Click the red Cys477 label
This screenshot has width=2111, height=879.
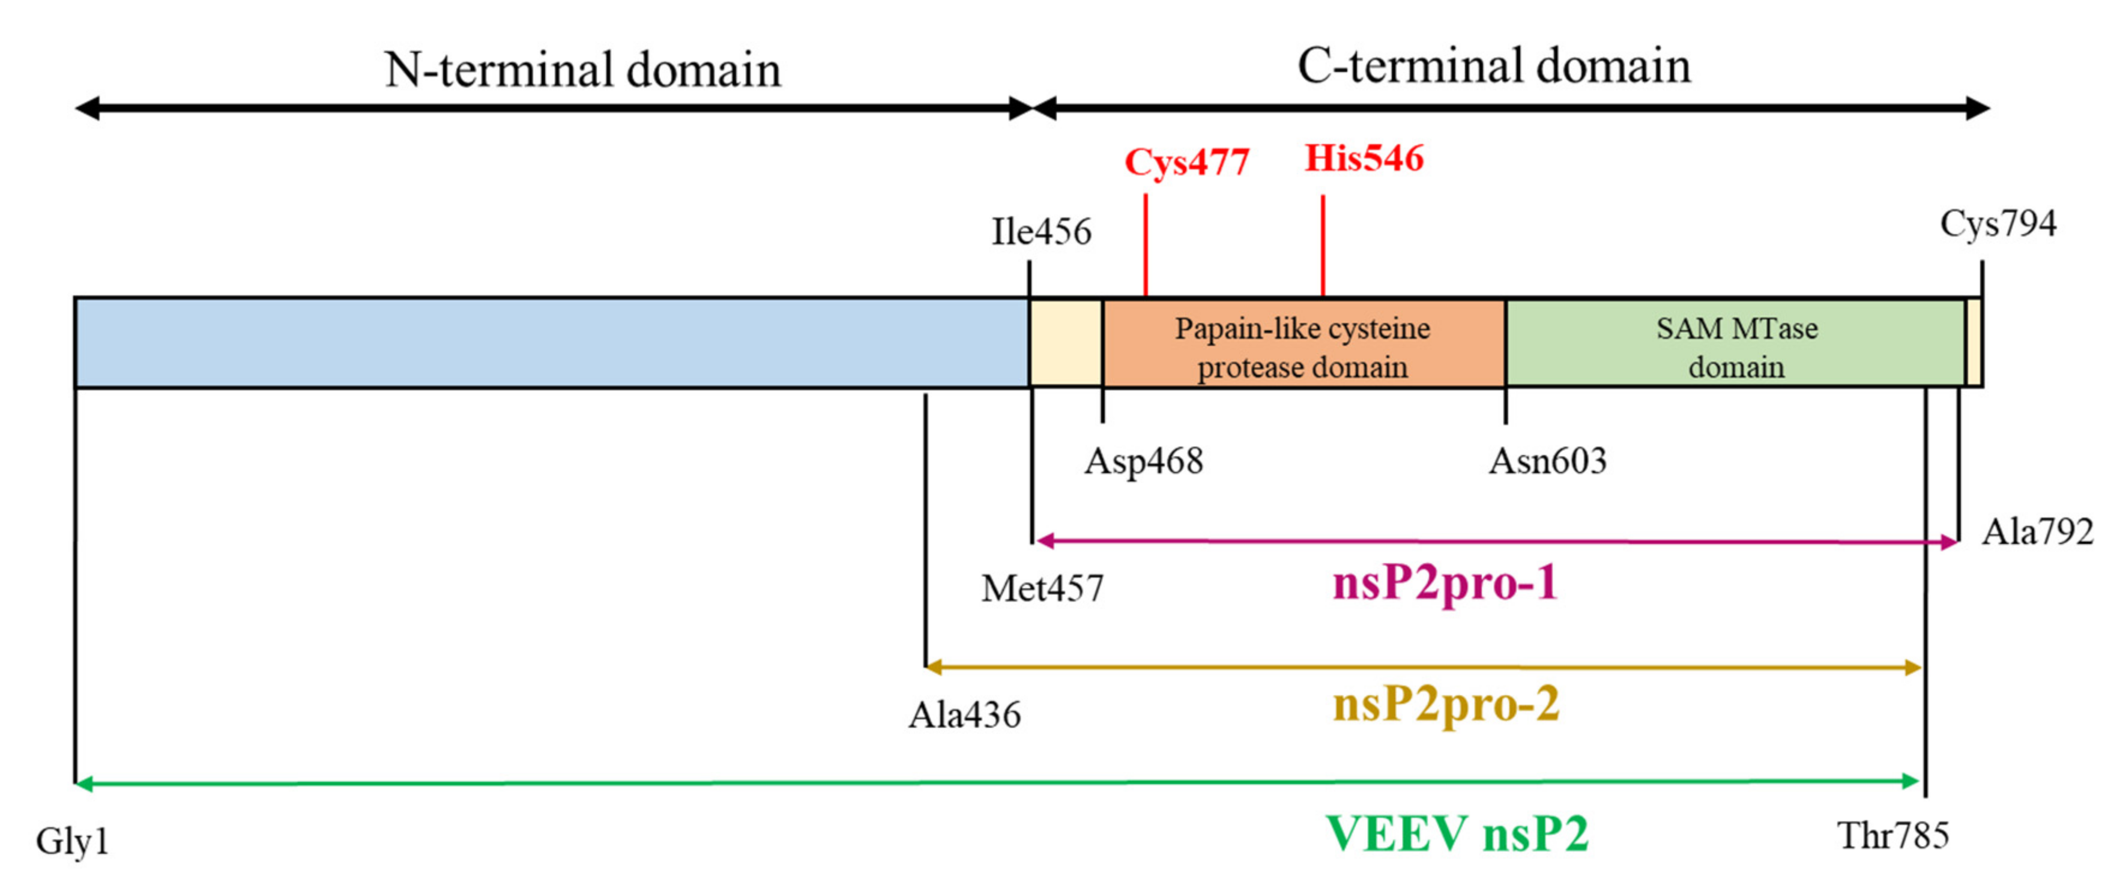1186,162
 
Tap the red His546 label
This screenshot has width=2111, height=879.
1364,158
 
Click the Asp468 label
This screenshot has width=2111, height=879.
1143,461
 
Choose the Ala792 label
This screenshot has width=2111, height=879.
2037,531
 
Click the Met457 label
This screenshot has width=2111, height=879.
1042,588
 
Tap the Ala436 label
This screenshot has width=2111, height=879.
964,715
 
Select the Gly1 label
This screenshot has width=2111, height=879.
72,841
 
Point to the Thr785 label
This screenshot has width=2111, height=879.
1892,836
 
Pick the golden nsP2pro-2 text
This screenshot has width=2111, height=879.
1446,704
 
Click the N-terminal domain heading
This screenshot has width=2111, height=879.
582,70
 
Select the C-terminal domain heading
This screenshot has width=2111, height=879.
1493,65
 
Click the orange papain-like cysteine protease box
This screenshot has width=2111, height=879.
1303,345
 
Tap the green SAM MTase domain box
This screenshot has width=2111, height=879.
1736,345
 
